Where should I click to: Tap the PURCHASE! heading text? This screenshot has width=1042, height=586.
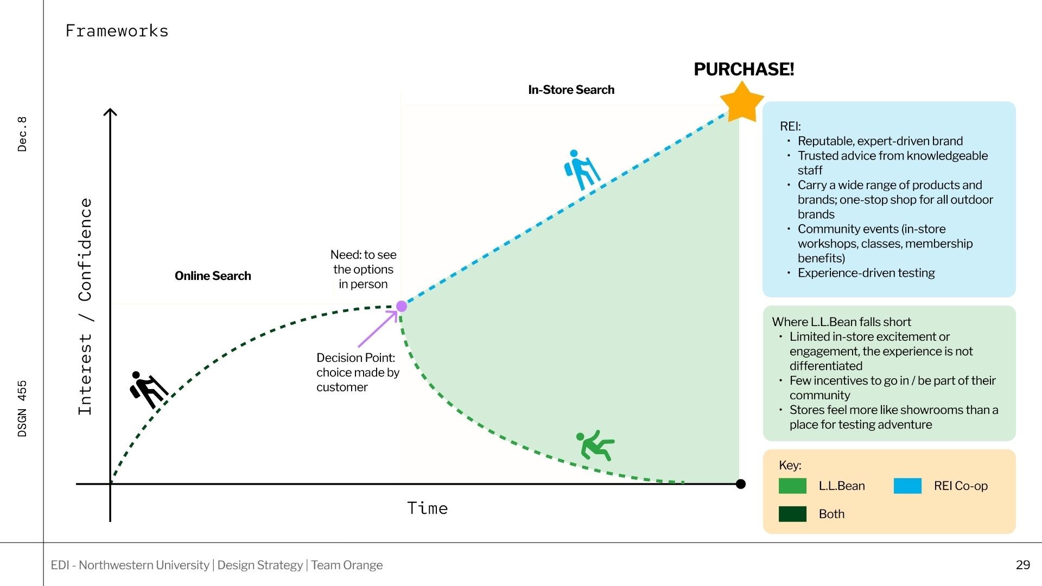pyautogui.click(x=744, y=69)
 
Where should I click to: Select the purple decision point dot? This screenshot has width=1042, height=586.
pyautogui.click(x=402, y=307)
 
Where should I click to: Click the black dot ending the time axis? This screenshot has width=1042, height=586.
pyautogui.click(x=741, y=484)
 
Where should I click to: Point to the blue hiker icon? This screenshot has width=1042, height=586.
pyautogui.click(x=581, y=170)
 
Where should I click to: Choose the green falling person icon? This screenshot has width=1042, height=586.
pyautogui.click(x=595, y=445)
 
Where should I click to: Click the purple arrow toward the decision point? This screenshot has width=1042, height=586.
pyautogui.click(x=378, y=328)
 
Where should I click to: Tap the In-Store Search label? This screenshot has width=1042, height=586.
pyautogui.click(x=571, y=90)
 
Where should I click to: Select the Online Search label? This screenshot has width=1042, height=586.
pyautogui.click(x=213, y=276)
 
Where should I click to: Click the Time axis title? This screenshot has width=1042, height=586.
pyautogui.click(x=427, y=508)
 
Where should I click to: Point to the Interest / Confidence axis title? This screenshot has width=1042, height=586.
pyautogui.click(x=85, y=307)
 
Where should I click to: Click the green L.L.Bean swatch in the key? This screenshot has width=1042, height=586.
pyautogui.click(x=792, y=486)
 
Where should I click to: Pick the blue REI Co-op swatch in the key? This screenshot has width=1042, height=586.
pyautogui.click(x=907, y=486)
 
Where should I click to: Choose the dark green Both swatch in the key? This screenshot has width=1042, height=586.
pyautogui.click(x=792, y=514)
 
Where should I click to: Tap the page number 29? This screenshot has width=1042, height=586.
pyautogui.click(x=1022, y=565)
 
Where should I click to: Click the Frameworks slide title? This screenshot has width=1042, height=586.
pyautogui.click(x=117, y=31)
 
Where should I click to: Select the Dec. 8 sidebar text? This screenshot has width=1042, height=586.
pyautogui.click(x=22, y=133)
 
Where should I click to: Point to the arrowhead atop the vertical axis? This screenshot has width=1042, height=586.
pyautogui.click(x=110, y=112)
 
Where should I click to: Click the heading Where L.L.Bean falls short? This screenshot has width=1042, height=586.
pyautogui.click(x=841, y=322)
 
